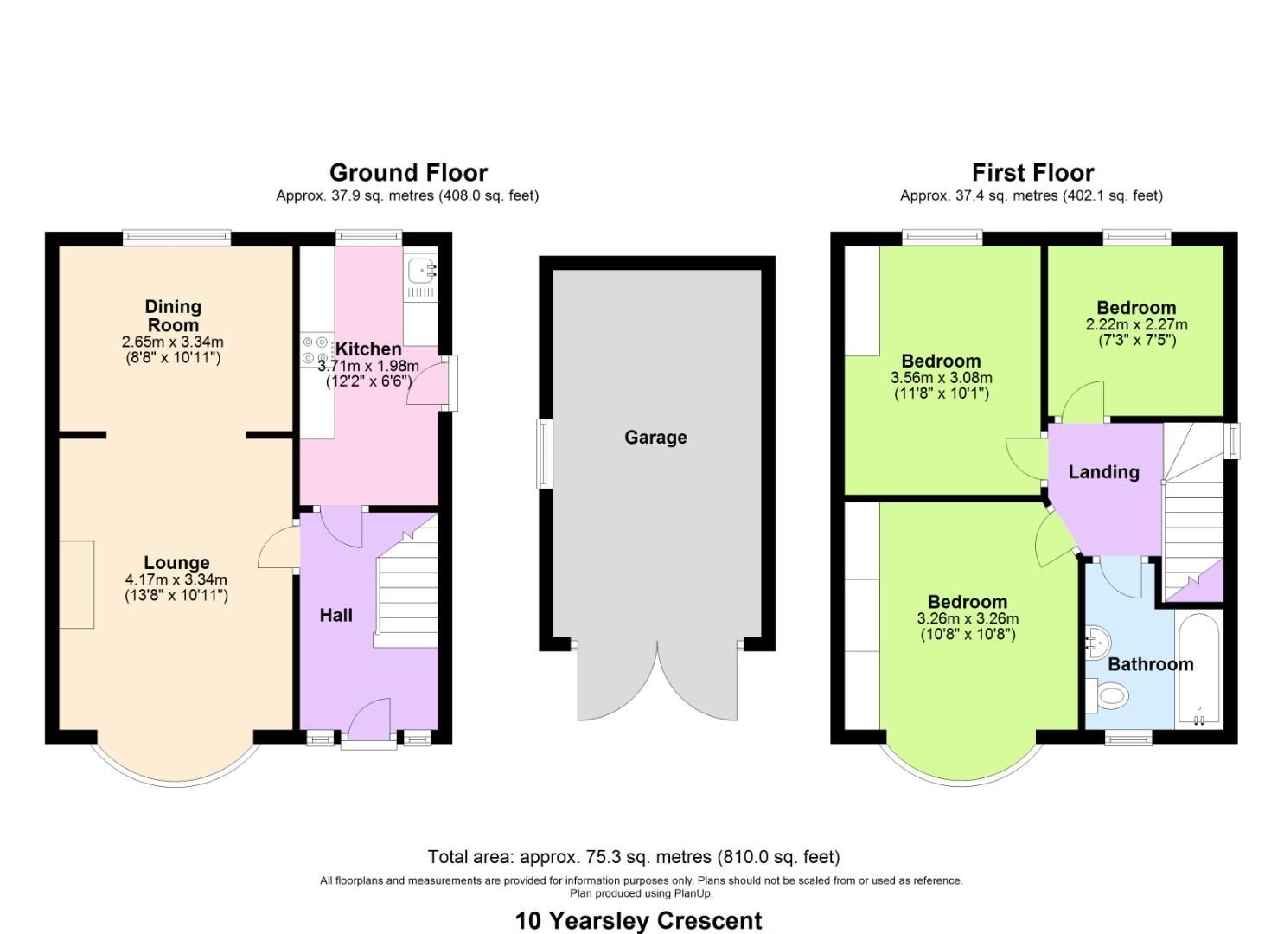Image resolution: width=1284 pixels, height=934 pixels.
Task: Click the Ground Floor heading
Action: coord(408,172)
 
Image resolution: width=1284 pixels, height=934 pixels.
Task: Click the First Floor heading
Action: coord(1032,172)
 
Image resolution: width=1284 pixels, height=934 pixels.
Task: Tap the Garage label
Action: coord(655,438)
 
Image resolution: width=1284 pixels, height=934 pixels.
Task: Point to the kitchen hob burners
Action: coord(316,349)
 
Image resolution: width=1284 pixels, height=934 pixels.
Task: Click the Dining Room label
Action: coord(173,316)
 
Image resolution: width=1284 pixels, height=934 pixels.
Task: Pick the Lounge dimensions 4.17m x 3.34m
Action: coord(176,579)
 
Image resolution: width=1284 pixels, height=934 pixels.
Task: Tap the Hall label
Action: coord(336,615)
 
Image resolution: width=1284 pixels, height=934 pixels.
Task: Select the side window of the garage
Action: coord(543,454)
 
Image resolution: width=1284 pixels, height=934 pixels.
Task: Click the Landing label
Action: coord(1103,472)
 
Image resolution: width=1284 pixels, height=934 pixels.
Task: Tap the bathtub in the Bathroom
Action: coord(1198,670)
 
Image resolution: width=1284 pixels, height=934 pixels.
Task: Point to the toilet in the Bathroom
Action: coord(1108,694)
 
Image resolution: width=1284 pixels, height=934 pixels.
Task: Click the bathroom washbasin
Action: coord(1095,643)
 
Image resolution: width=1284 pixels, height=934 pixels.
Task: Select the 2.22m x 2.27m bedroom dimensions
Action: coord(1136,325)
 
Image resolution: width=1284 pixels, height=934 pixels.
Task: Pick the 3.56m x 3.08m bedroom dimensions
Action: coord(941,378)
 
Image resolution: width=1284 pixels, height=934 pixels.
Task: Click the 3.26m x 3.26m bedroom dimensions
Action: coord(968,618)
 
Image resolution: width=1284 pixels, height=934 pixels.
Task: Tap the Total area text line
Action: coord(634,857)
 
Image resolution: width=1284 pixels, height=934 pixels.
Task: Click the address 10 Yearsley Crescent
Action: coord(639,920)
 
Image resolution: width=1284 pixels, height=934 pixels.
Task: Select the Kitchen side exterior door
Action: coord(428,384)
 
